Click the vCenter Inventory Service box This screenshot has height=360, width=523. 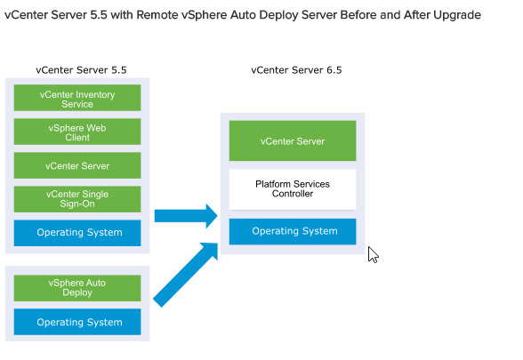pos(77,98)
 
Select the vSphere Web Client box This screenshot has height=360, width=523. pos(77,132)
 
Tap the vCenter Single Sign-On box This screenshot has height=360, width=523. pos(77,199)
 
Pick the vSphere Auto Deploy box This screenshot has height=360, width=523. pos(77,288)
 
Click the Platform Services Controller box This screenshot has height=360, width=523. pos(293,189)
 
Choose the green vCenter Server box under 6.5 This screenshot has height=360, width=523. pos(293,141)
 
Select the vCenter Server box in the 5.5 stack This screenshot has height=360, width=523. pos(77,165)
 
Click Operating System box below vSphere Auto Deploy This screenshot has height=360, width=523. pos(77,322)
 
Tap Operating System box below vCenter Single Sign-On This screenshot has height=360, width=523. pos(77,233)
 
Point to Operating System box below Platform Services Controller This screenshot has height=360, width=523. pos(293,232)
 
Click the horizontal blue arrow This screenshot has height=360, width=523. pos(186,216)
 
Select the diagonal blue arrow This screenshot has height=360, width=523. pos(185,275)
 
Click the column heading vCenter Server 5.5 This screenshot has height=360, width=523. pos(82,70)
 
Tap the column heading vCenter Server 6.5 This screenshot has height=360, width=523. pos(296,70)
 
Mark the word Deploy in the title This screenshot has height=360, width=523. pos(278,15)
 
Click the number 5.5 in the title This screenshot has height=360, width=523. pos(99,14)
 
